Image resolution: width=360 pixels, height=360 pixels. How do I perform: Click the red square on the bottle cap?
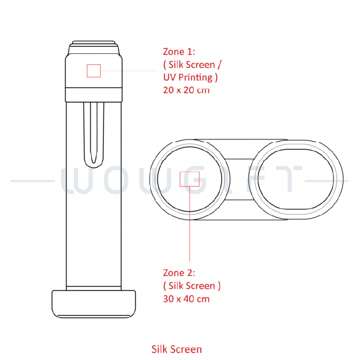coord(94,71)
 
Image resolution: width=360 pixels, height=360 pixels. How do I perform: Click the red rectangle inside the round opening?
coord(190,179)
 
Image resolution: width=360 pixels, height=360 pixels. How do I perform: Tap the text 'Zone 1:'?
coord(179,52)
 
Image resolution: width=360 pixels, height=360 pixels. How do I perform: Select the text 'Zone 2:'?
coord(179,273)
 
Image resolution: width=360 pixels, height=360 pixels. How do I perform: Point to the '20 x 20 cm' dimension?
coord(186,90)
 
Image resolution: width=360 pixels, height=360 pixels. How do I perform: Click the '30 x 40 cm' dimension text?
coord(186,299)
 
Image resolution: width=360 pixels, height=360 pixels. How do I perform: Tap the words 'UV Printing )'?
coord(190,77)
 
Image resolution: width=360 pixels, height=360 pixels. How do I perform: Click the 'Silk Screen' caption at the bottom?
coord(177,349)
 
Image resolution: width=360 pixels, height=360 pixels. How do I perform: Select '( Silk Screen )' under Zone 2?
coord(192,286)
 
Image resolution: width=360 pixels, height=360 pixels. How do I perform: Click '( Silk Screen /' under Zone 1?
coord(192,65)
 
